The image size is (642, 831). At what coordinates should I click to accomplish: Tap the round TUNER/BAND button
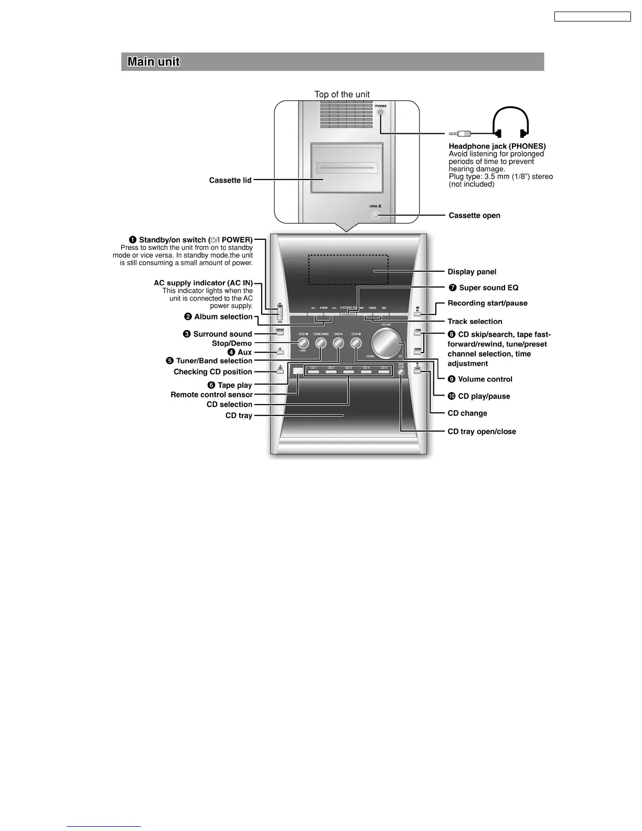click(x=320, y=344)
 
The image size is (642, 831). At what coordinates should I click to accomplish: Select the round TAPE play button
click(x=338, y=344)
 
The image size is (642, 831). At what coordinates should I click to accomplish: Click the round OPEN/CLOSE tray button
click(x=401, y=372)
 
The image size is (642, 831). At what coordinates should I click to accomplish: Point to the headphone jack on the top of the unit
click(x=381, y=112)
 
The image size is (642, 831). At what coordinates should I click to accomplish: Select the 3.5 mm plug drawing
click(x=460, y=134)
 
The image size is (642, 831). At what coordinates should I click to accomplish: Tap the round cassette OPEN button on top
click(x=374, y=215)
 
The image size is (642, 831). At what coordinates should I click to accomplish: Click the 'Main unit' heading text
click(x=154, y=62)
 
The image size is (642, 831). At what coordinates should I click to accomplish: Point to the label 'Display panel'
click(x=472, y=272)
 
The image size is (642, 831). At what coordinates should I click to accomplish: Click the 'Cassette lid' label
click(x=230, y=180)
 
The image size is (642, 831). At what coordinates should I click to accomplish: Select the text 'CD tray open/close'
click(x=481, y=432)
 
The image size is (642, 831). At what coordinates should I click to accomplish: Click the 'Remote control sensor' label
click(x=211, y=395)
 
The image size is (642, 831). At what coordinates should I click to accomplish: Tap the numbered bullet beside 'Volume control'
click(x=452, y=379)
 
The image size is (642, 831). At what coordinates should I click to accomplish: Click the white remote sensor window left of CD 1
click(x=298, y=371)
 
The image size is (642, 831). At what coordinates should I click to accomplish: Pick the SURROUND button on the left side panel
click(x=280, y=331)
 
